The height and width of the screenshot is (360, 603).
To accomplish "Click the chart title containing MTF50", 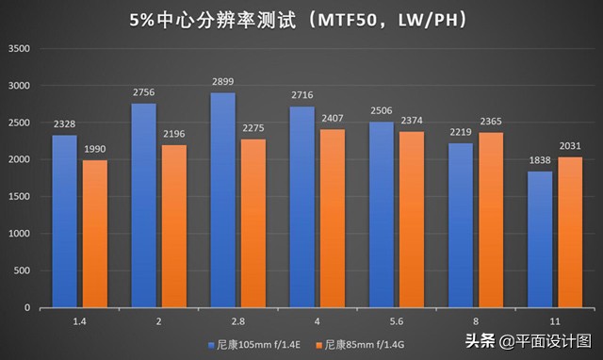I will (301, 19).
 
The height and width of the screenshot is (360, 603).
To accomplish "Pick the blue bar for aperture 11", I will (540, 239).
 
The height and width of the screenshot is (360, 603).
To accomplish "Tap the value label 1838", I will (540, 163).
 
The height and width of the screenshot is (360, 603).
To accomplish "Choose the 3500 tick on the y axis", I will (19, 49).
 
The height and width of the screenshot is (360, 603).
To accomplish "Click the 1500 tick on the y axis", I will (19, 197).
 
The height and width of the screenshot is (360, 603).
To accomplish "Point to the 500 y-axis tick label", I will (22, 271).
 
